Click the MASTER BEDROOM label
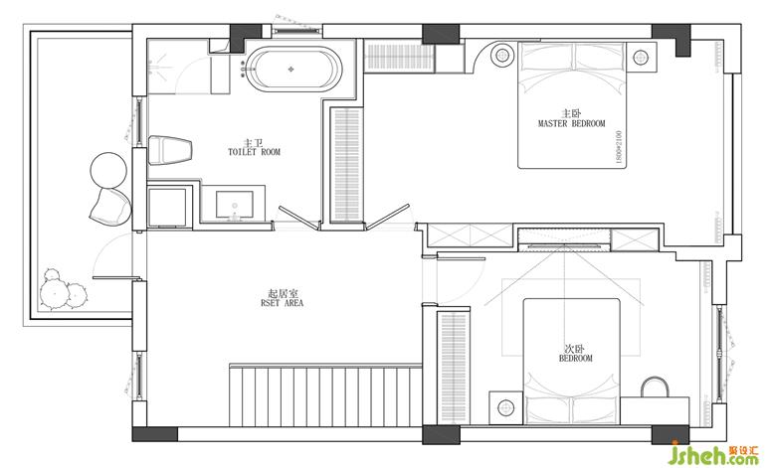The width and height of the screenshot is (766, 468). pyautogui.click(x=571, y=123)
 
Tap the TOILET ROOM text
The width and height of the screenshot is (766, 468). pyautogui.click(x=254, y=152)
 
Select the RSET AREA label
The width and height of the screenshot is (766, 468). pyautogui.click(x=282, y=303)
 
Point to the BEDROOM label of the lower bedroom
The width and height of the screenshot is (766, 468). pyautogui.click(x=575, y=358)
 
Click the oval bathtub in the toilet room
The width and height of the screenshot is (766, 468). pyautogui.click(x=293, y=69)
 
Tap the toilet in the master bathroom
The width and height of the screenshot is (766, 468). pyautogui.click(x=169, y=150)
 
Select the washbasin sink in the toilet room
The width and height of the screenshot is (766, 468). pyautogui.click(x=235, y=205)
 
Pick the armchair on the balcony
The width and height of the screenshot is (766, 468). pyautogui.click(x=110, y=206)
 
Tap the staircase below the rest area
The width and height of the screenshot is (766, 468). pyautogui.click(x=325, y=395)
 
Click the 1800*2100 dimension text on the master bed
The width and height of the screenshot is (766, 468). pyautogui.click(x=619, y=147)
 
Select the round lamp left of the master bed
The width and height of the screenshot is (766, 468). pyautogui.click(x=502, y=55)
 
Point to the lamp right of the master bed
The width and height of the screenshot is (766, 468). pyautogui.click(x=641, y=57)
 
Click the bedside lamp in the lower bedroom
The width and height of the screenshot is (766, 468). pyautogui.click(x=505, y=407)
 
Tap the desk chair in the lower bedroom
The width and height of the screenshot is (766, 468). pyautogui.click(x=655, y=387)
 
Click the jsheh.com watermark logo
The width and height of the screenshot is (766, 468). pyautogui.click(x=712, y=453)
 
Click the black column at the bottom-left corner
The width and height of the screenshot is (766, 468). pyautogui.click(x=155, y=434)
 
